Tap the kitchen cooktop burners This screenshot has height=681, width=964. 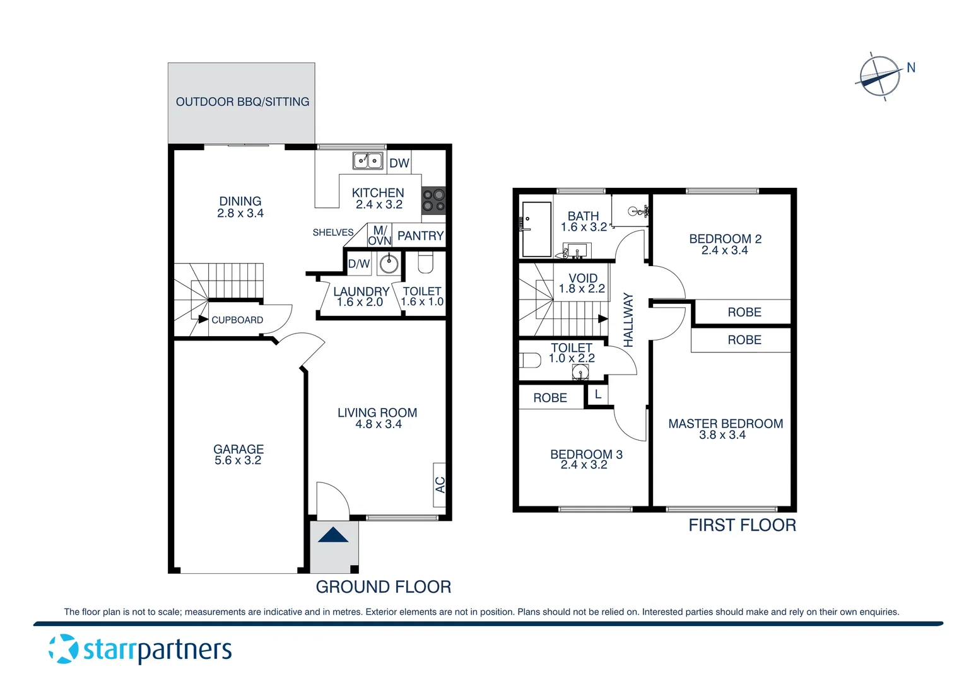(433, 201)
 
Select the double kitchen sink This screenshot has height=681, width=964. (367, 161)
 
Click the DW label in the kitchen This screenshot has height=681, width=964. (399, 163)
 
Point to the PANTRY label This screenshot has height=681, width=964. (420, 236)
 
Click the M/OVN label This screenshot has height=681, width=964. (380, 236)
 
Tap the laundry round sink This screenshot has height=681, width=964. (389, 264)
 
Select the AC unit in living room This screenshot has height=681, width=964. (440, 485)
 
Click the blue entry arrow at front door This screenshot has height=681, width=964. (333, 535)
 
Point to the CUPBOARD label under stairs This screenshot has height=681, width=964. (237, 320)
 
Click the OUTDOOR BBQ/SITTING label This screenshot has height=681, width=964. (242, 102)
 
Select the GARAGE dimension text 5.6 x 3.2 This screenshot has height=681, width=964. (238, 461)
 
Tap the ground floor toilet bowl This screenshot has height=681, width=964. (426, 262)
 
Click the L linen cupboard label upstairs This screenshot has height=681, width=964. (597, 395)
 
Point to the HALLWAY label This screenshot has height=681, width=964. (628, 320)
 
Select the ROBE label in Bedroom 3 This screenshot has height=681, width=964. (550, 398)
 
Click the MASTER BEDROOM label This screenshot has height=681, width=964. (726, 424)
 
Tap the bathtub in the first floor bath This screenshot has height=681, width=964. (537, 229)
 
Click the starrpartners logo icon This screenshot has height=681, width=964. (64, 649)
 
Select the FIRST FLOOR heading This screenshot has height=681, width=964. (742, 525)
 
